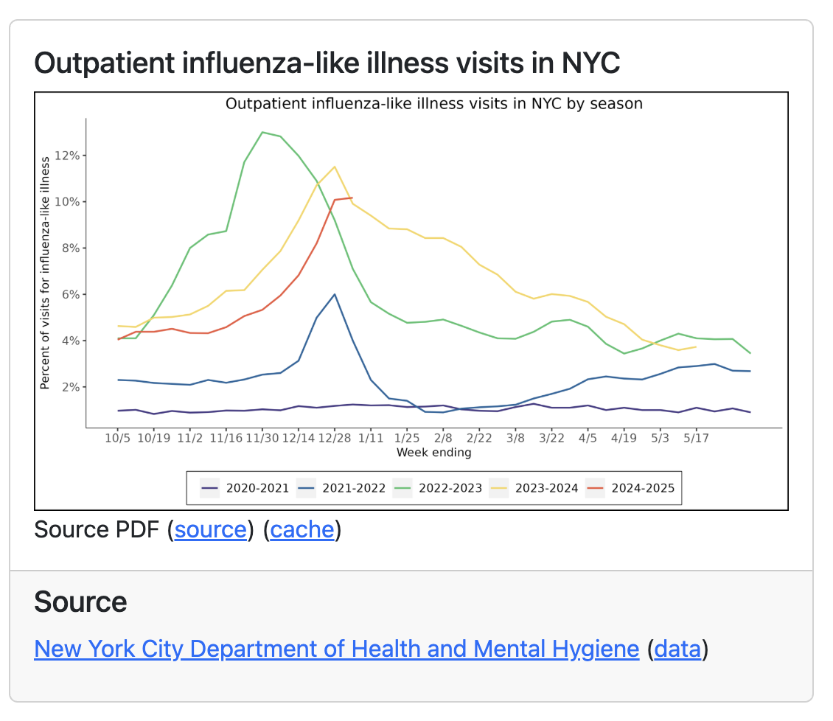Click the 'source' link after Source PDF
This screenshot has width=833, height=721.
[x=210, y=529]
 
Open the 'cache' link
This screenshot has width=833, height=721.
[x=302, y=529]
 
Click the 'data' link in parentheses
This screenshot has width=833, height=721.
[x=677, y=649]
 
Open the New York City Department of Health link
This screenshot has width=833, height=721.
[x=336, y=649]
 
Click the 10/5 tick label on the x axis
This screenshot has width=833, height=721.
[x=118, y=437]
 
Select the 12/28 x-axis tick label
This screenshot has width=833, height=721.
[x=335, y=437]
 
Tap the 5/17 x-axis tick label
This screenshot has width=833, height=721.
[x=696, y=437]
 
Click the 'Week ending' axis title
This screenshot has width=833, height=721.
[x=433, y=452]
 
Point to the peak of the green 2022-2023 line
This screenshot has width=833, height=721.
[x=262, y=133]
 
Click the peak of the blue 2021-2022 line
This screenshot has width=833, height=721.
[x=335, y=294]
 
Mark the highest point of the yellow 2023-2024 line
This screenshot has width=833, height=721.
[x=335, y=167]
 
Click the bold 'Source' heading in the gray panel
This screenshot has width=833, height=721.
[x=80, y=602]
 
